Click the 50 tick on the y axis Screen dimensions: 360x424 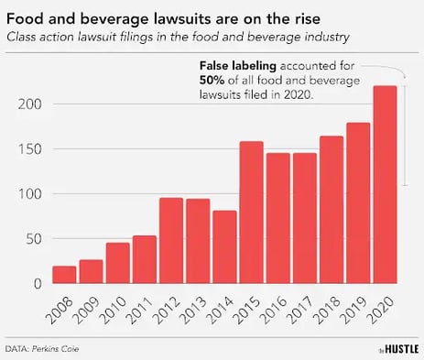coord(34,239)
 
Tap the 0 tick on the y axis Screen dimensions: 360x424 coord(38,284)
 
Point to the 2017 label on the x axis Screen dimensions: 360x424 coord(303,308)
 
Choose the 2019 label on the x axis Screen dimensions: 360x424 coord(357,308)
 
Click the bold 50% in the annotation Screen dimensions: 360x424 coord(212,81)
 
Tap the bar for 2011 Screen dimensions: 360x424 coord(145,260)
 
